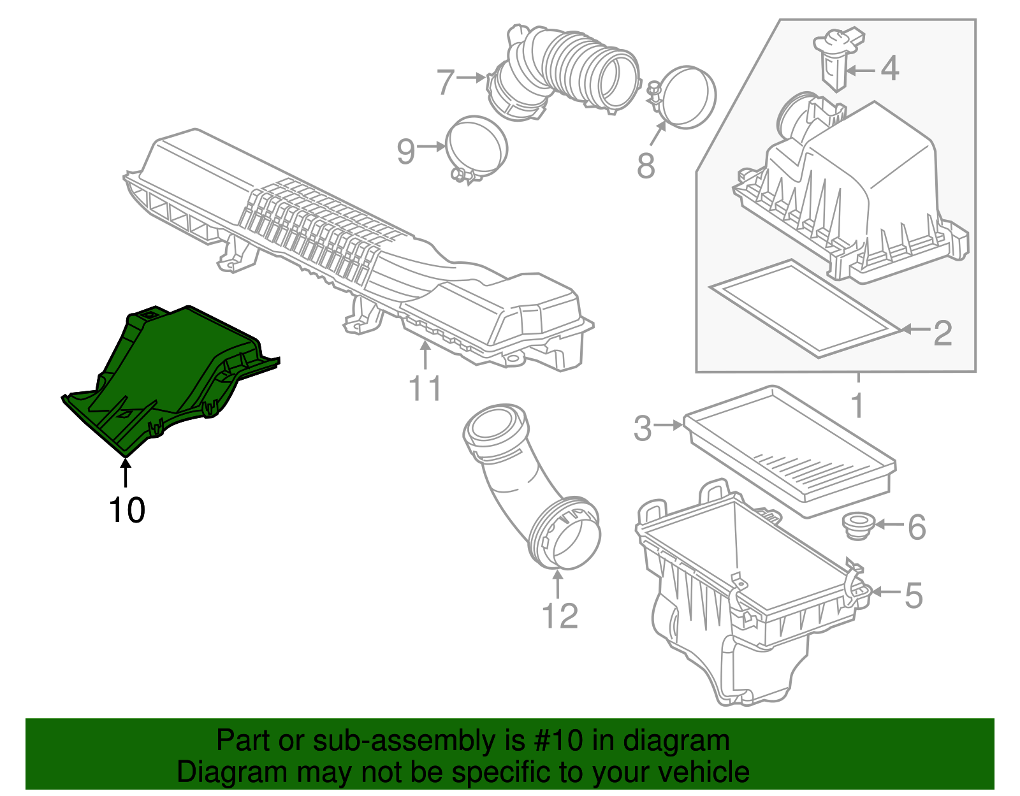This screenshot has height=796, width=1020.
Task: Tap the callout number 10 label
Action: click(127, 510)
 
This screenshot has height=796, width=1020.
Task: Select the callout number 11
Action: click(425, 388)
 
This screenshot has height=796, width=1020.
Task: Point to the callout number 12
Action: click(559, 616)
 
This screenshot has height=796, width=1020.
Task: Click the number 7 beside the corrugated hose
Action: click(446, 82)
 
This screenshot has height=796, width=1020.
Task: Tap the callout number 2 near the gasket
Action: click(942, 333)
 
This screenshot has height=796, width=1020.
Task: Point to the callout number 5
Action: click(913, 595)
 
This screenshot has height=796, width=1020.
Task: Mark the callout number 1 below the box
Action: click(857, 405)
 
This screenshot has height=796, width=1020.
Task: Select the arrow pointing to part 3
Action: click(669, 425)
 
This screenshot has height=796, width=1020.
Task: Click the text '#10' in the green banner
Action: click(555, 741)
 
